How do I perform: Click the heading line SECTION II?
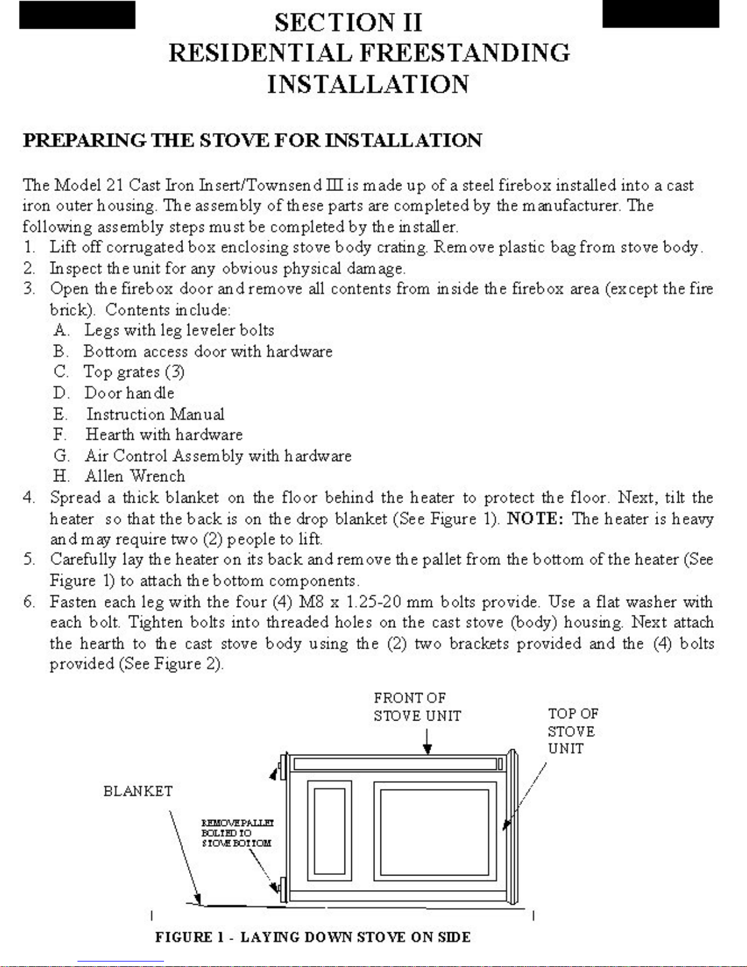348,23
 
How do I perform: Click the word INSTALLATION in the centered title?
368,84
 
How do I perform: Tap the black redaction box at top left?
77,15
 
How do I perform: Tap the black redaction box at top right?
660,14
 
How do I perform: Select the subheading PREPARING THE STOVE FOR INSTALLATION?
252,140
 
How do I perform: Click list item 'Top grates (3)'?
134,372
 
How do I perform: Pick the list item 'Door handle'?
129,393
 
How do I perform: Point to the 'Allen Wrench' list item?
135,476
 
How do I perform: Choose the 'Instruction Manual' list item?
155,414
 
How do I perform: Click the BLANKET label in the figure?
138,791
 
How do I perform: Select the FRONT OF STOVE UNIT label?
417,706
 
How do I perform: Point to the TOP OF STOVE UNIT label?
572,731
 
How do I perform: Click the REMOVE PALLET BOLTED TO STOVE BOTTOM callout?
237,833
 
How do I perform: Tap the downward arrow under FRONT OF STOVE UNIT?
428,741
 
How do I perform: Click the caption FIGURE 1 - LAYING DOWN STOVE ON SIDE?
312,937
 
